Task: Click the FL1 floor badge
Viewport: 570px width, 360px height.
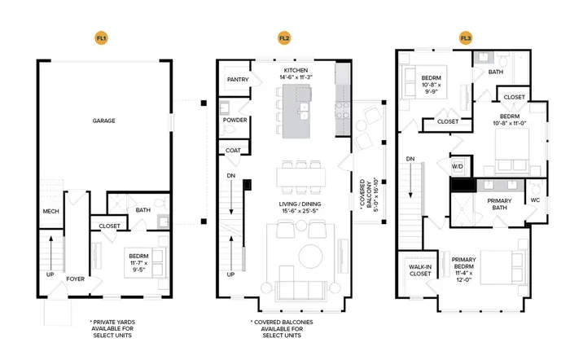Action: coord(102,37)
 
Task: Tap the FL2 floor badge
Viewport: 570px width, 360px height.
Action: coord(284,37)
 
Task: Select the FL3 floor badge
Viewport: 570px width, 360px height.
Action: coord(466,37)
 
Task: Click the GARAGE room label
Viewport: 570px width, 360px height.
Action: coord(103,121)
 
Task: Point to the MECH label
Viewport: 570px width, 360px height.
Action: coord(50,211)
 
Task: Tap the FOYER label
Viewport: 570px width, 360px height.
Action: coord(75,279)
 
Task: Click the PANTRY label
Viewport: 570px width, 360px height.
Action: coord(238,79)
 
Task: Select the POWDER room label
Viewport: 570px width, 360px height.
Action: coord(235,120)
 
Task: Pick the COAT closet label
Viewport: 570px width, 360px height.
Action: coord(233,150)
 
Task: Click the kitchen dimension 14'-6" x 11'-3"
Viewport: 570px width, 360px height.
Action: coord(296,77)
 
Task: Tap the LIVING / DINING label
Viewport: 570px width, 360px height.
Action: coord(300,204)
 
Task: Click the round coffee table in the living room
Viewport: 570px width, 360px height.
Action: coord(310,256)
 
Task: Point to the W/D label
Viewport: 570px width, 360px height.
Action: coord(458,166)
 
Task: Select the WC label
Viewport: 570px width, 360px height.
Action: coord(535,200)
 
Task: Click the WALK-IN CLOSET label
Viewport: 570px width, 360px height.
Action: coord(420,270)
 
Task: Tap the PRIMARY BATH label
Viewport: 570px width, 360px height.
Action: coord(499,204)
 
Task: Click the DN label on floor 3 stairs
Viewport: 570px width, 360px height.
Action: coord(410,159)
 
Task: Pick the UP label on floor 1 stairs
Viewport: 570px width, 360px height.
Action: coord(50,274)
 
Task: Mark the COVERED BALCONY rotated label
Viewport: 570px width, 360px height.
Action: coord(369,195)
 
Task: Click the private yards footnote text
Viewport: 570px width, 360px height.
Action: coord(112,329)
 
